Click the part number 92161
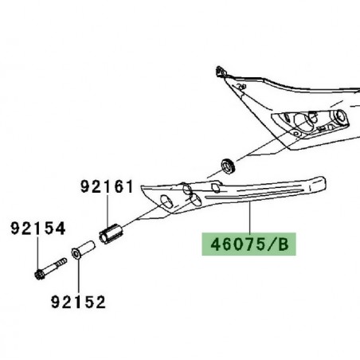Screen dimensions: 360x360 pyautogui.click(x=107, y=186)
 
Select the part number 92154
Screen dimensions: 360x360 pyautogui.click(x=37, y=229)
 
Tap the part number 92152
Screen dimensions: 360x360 pyautogui.click(x=78, y=302)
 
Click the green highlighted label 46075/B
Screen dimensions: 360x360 pyautogui.click(x=249, y=245)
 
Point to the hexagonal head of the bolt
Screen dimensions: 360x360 pyautogui.click(x=39, y=274)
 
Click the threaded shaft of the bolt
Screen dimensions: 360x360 pyautogui.click(x=54, y=265)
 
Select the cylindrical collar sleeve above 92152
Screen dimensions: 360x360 pyautogui.click(x=84, y=249)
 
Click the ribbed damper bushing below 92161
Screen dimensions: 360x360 pyautogui.click(x=111, y=233)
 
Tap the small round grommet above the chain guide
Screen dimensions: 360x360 pyautogui.click(x=227, y=166)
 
